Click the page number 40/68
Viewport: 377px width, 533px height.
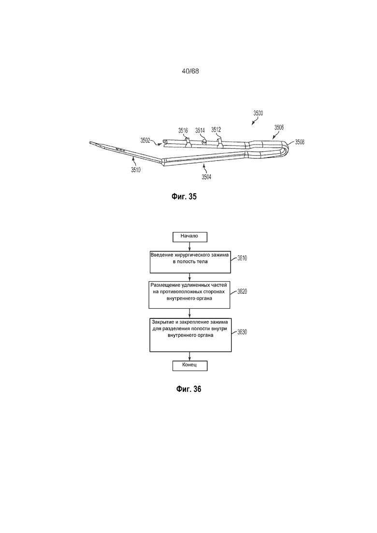(190, 71)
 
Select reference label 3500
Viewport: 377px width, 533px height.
(258, 113)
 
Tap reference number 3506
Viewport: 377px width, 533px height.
(279, 128)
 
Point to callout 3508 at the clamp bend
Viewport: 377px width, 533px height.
(300, 142)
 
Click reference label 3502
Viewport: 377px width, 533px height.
(145, 140)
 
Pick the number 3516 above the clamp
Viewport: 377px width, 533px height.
(183, 130)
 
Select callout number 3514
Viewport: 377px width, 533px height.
(200, 130)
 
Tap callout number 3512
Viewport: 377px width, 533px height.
(216, 130)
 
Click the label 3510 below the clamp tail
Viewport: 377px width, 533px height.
(136, 170)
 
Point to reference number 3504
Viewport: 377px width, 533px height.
(206, 177)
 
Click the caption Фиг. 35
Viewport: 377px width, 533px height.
(184, 197)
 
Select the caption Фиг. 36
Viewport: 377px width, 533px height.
(188, 389)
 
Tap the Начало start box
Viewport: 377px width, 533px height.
(190, 237)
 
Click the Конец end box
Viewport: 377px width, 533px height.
(189, 365)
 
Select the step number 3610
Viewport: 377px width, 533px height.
(242, 259)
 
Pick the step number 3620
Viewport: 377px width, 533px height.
(242, 292)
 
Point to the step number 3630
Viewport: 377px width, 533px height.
(242, 332)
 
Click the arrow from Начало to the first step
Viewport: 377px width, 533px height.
(189, 246)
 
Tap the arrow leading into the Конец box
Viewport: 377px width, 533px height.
(189, 356)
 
